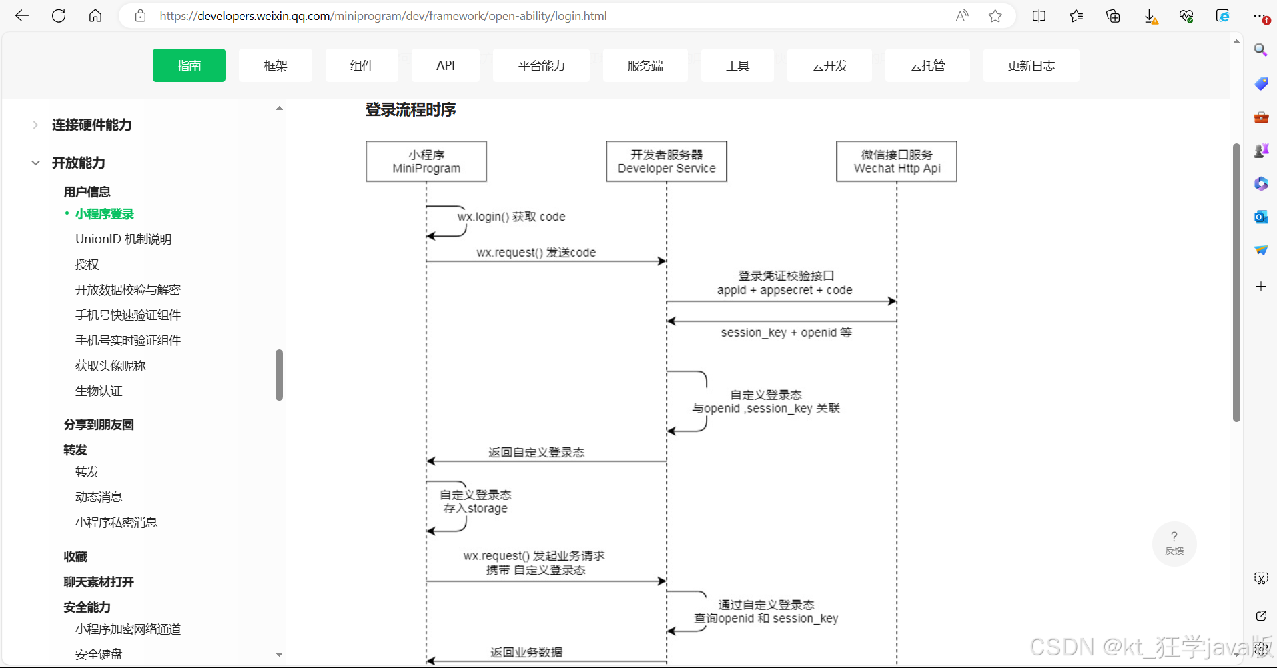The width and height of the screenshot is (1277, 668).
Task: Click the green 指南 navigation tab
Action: [189, 65]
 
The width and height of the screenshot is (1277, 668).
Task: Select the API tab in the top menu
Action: [445, 65]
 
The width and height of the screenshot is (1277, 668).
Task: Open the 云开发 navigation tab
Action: [829, 65]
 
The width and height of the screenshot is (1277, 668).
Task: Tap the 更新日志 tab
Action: [1031, 65]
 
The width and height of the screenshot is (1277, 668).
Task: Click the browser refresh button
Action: [59, 16]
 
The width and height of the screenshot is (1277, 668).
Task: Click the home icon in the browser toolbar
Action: [95, 16]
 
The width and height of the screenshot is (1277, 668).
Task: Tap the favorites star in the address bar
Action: [995, 16]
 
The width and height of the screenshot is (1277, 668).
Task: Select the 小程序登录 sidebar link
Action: [105, 214]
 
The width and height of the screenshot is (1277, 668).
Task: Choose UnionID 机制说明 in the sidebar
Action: [123, 239]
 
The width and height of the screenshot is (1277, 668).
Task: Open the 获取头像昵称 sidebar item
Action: [111, 366]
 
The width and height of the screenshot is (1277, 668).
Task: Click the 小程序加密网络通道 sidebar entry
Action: [128, 629]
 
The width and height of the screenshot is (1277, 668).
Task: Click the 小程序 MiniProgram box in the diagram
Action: [426, 161]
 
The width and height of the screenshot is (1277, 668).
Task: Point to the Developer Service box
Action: [667, 161]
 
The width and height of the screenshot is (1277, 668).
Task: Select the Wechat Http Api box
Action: [897, 161]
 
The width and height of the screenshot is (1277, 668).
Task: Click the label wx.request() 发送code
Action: [536, 253]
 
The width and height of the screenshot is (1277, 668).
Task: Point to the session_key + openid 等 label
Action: [786, 333]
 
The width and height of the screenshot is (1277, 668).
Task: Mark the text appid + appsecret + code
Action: [785, 290]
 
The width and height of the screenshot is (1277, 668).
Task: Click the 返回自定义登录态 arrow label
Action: [536, 453]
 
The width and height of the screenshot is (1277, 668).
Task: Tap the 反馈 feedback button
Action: [1174, 543]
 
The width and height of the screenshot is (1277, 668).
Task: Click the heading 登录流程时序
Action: [410, 110]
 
